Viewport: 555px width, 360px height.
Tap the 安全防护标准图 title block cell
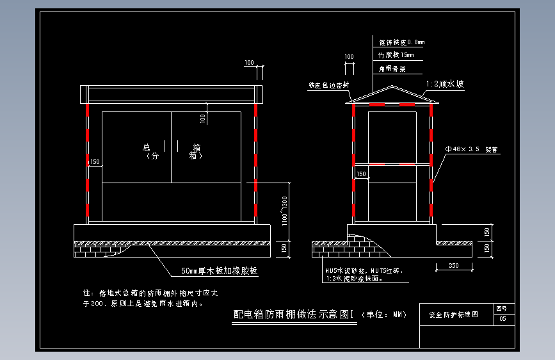pyautogui.click(x=453, y=315)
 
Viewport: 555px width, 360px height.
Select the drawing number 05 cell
pyautogui.click(x=503, y=318)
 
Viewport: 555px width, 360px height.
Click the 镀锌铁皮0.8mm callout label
pyautogui.click(x=401, y=42)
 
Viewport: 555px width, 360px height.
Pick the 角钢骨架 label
pyautogui.click(x=392, y=68)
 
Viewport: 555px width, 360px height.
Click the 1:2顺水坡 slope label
pyautogui.click(x=445, y=84)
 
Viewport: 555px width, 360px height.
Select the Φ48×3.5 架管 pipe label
pyautogui.click(x=471, y=149)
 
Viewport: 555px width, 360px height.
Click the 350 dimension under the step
pyautogui.click(x=453, y=265)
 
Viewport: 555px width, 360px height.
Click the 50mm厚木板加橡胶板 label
pyautogui.click(x=219, y=271)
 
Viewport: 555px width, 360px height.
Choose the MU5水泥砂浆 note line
pyautogui.click(x=364, y=271)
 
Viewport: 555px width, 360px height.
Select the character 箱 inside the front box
pyautogui.click(x=196, y=147)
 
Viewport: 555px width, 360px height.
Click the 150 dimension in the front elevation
pyautogui.click(x=95, y=162)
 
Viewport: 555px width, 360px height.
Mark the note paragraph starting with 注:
pyautogui.click(x=151, y=298)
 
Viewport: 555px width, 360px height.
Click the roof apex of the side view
pyautogui.click(x=392, y=86)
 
